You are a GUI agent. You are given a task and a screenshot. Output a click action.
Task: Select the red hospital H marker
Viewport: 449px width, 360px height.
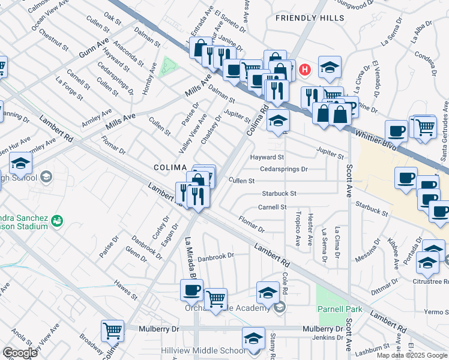coord(305,70)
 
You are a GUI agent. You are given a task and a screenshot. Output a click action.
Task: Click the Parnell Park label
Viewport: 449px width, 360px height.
coord(333,310)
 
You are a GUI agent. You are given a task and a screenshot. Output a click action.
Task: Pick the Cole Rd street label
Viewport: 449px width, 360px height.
coord(285,285)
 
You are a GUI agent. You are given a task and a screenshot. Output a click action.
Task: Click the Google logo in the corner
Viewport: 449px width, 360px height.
coord(20,352)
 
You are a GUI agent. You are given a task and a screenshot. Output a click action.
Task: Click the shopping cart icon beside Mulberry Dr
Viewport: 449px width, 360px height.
coord(112,329)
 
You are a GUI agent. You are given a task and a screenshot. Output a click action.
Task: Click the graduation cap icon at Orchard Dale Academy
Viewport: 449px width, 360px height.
coord(268,292)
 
